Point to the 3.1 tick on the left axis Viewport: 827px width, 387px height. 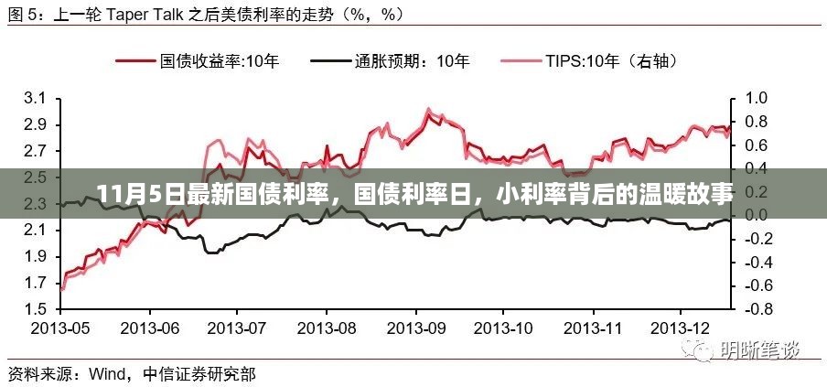35,98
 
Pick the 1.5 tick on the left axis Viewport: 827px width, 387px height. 35,309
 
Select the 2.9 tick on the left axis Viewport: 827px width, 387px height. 35,124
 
